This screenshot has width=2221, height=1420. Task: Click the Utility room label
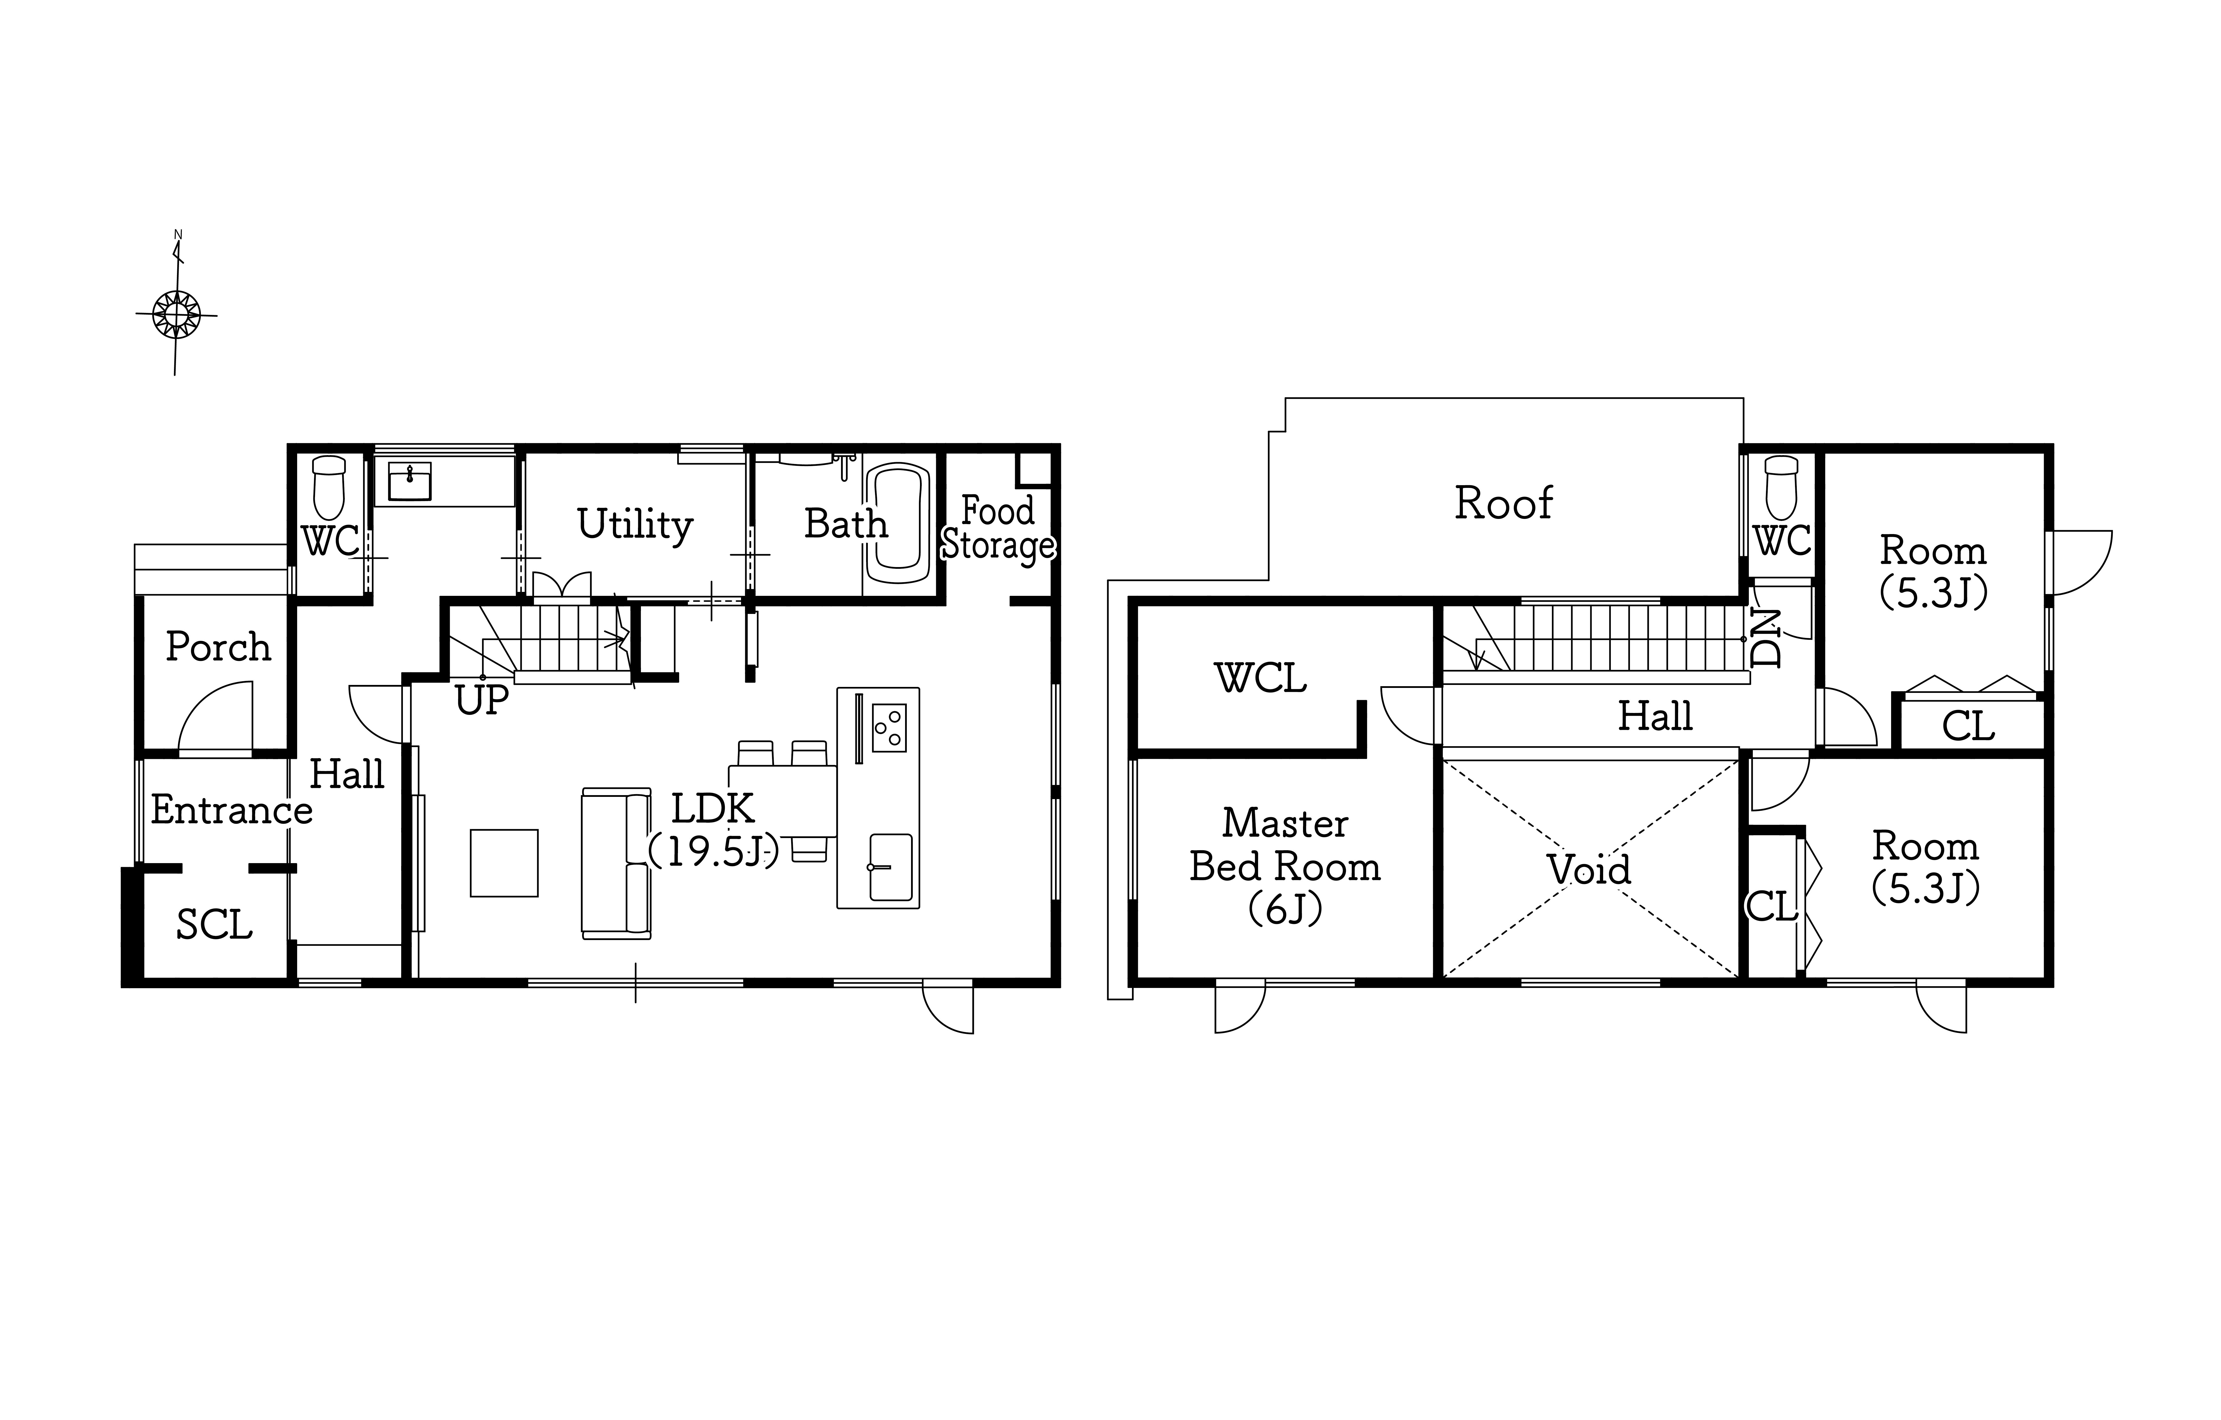coord(635,525)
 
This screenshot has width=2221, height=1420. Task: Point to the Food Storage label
coord(998,528)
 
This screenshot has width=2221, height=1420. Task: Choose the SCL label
coord(214,925)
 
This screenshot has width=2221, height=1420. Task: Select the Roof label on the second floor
coord(1503,504)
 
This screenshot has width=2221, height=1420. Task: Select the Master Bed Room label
coord(1285,866)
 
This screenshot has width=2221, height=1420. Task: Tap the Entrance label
coord(232,811)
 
